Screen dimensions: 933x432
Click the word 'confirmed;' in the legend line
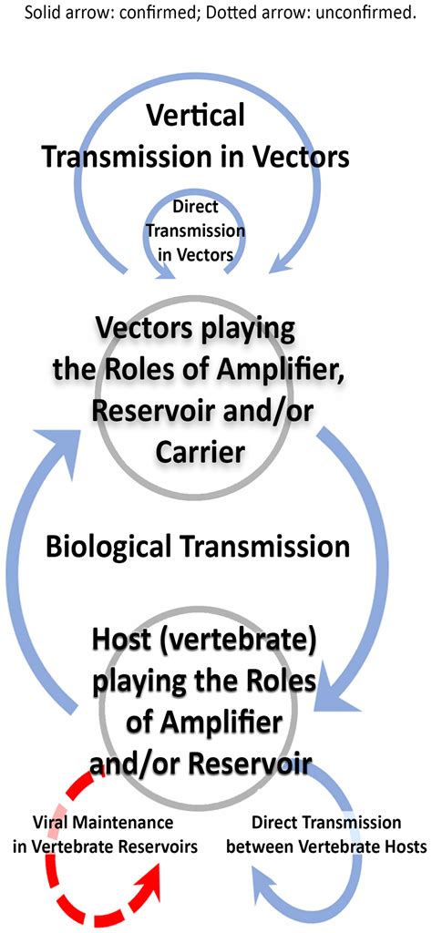[169, 14]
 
